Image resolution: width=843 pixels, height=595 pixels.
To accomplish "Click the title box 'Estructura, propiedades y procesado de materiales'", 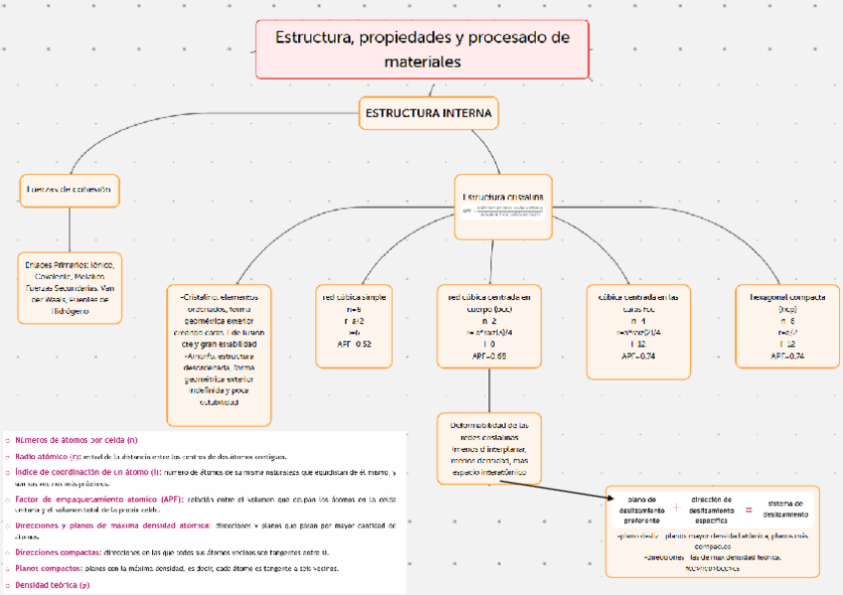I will [x=421, y=50].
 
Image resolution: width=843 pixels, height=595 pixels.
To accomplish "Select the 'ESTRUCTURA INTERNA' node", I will [x=428, y=113].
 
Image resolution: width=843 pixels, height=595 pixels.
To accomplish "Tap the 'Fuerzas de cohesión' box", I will [x=69, y=189].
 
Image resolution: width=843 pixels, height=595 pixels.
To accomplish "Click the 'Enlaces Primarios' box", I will [x=69, y=287].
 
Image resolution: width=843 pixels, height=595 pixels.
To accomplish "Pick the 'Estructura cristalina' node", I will [x=503, y=207].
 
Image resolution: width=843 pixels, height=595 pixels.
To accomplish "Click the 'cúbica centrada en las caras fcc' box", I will [x=637, y=331].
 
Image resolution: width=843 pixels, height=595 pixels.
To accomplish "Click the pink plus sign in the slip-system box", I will [x=676, y=507].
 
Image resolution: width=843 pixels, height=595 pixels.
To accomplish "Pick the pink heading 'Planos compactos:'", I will [x=48, y=568].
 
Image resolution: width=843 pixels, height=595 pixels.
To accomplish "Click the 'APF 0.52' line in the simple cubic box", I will [x=355, y=344].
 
